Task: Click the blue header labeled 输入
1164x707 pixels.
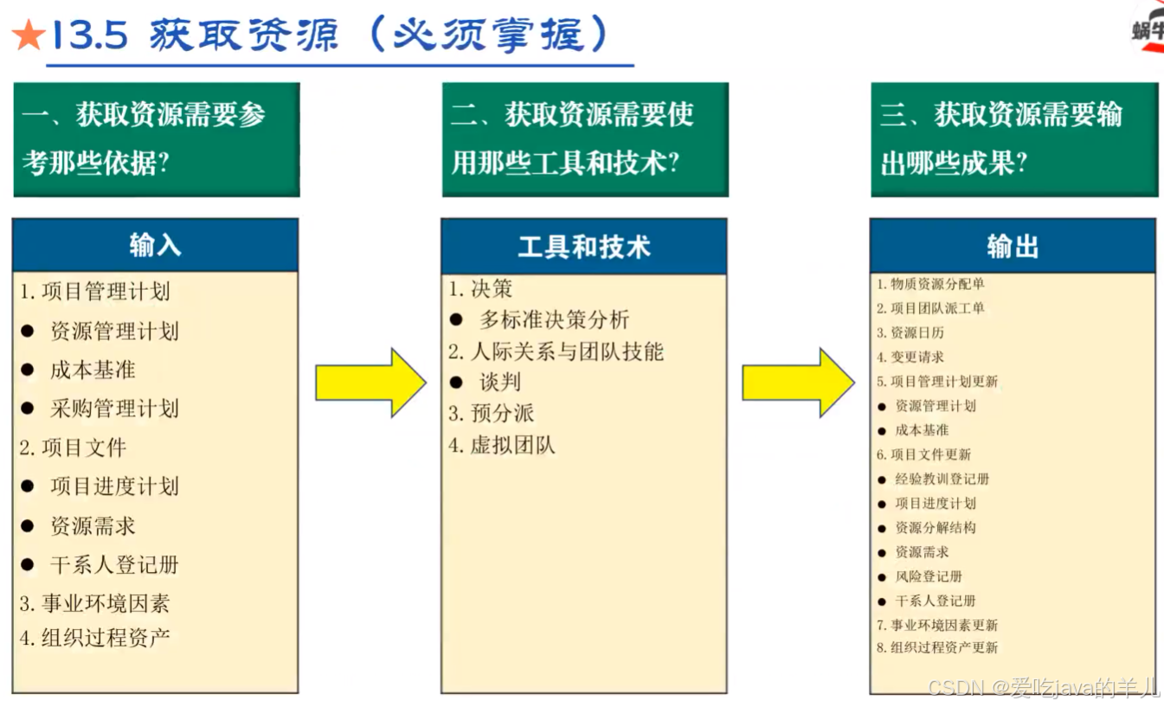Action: [x=155, y=246]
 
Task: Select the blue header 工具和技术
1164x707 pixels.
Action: [x=583, y=247]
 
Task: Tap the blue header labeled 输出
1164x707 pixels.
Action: [x=1012, y=247]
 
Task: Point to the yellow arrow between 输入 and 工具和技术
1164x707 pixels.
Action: [x=370, y=382]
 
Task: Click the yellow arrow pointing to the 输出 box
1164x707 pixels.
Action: [x=797, y=382]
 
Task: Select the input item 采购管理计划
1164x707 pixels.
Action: [x=114, y=408]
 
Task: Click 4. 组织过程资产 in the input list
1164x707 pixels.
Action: [x=95, y=639]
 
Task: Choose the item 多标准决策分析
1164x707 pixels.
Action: [x=554, y=319]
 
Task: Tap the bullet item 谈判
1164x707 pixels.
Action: [x=500, y=382]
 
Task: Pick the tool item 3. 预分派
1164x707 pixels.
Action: [x=491, y=414]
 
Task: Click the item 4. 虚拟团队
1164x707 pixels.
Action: [x=501, y=446]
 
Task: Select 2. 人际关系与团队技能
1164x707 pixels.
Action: [x=556, y=351]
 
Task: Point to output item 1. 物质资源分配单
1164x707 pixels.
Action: [x=930, y=284]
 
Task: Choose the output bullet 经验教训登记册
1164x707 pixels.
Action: [x=942, y=479]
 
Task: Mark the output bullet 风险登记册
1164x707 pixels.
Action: [x=929, y=576]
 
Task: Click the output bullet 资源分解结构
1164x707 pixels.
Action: [x=935, y=527]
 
